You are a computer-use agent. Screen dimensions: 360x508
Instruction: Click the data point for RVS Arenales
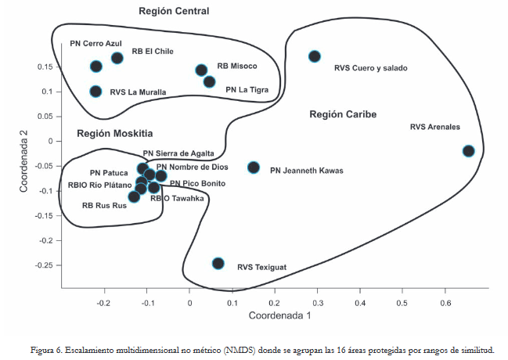click(x=468, y=151)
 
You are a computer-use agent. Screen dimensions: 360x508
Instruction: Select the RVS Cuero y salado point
click(x=315, y=56)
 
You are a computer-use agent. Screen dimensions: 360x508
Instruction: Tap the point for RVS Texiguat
click(x=218, y=264)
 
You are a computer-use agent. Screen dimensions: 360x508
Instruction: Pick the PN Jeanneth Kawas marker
click(x=254, y=167)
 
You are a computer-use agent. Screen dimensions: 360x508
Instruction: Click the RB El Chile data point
click(x=117, y=58)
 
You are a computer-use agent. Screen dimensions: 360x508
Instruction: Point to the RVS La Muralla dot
click(x=95, y=92)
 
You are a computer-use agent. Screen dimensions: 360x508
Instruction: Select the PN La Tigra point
click(x=209, y=81)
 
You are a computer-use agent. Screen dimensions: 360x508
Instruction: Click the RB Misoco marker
click(x=201, y=70)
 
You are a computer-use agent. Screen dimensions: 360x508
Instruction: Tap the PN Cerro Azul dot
click(x=95, y=67)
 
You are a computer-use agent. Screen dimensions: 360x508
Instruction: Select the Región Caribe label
click(x=343, y=114)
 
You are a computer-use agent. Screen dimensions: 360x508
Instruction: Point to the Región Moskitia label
click(x=114, y=133)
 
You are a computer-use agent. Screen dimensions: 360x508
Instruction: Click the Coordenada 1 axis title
click(x=279, y=316)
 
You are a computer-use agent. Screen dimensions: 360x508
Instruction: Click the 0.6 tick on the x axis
click(x=445, y=301)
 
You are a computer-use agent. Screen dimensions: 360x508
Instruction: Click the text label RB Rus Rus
click(x=104, y=207)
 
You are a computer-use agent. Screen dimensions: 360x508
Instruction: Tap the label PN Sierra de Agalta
click(x=176, y=154)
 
